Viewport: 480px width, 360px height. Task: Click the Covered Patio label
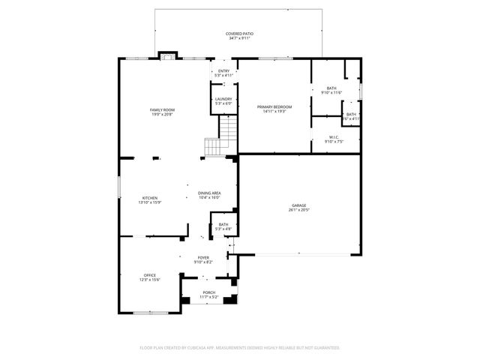click(x=239, y=34)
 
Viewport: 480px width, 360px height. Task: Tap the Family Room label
click(x=162, y=110)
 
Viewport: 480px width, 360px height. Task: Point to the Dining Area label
click(x=209, y=193)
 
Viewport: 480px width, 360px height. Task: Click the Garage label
click(x=299, y=205)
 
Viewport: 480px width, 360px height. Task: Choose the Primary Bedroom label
click(x=274, y=107)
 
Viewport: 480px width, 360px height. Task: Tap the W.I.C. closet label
click(x=334, y=136)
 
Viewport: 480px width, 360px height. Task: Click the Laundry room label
click(x=223, y=99)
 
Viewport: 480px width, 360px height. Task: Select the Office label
click(x=150, y=275)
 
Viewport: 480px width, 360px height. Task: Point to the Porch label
click(x=208, y=292)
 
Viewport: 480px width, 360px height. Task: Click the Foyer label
click(x=203, y=258)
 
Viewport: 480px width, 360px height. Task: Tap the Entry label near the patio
click(x=223, y=71)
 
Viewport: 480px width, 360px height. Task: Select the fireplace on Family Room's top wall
click(x=167, y=55)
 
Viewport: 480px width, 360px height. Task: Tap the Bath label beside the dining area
click(x=223, y=224)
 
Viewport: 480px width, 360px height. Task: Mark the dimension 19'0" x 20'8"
click(x=162, y=115)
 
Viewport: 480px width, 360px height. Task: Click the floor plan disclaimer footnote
click(x=240, y=347)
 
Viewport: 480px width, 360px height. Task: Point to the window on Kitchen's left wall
click(x=118, y=187)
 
